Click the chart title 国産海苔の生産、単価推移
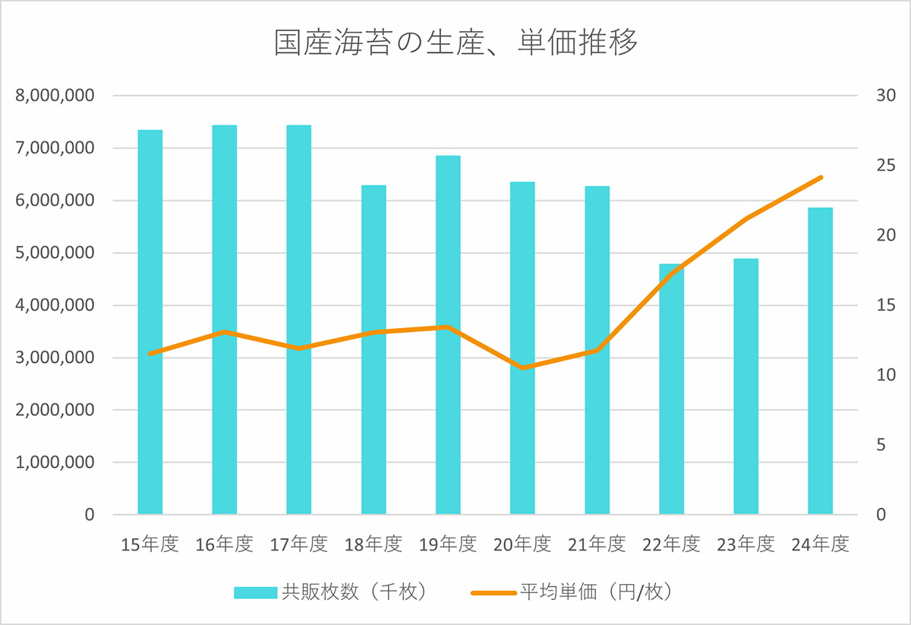pyautogui.click(x=455, y=43)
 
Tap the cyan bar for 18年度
pyautogui.click(x=374, y=349)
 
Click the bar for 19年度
pyautogui.click(x=448, y=335)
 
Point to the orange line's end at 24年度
pyautogui.click(x=821, y=178)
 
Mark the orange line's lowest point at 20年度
pyautogui.click(x=522, y=368)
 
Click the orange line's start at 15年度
pyautogui.click(x=150, y=354)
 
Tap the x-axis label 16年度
pyautogui.click(x=224, y=545)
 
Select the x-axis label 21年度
pyautogui.click(x=597, y=545)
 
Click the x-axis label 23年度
pyautogui.click(x=746, y=545)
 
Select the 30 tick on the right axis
pyautogui.click(x=886, y=96)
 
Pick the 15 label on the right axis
pyautogui.click(x=886, y=306)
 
